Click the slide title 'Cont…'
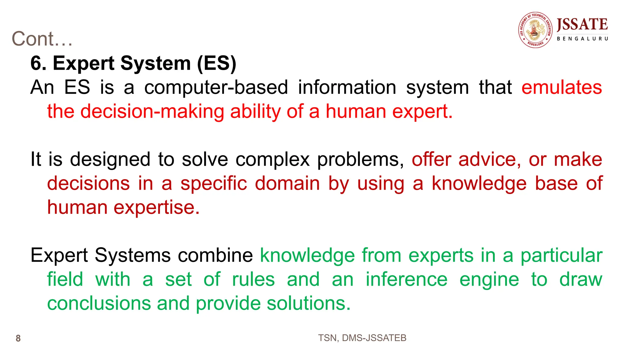click(42, 39)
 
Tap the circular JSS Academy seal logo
click(535, 30)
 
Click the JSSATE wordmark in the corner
click(582, 24)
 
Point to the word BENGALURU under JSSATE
click(582, 39)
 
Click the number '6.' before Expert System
click(38, 63)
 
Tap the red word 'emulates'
click(562, 87)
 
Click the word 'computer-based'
click(216, 87)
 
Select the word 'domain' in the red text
click(287, 183)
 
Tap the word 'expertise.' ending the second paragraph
click(157, 207)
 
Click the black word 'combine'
click(215, 255)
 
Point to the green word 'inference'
click(406, 279)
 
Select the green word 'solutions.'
click(309, 303)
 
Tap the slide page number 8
click(18, 338)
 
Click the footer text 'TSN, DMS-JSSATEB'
click(362, 338)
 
